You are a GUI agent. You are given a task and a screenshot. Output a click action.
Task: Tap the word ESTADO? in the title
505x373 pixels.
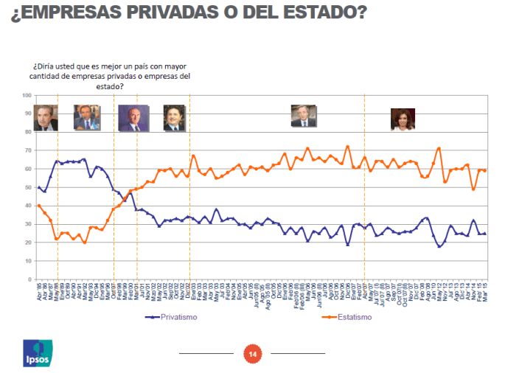(x=327, y=13)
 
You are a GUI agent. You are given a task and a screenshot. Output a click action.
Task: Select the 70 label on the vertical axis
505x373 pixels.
(x=27, y=150)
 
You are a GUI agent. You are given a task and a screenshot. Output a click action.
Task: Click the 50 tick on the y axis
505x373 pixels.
(x=27, y=187)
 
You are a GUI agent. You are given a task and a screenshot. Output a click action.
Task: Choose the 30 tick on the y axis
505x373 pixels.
(x=27, y=224)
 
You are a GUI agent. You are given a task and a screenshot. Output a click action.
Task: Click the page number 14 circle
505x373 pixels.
(x=252, y=355)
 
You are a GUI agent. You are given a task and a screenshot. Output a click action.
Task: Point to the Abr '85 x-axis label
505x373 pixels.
(x=38, y=290)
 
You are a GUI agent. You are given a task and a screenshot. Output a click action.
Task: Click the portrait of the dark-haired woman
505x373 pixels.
(x=403, y=119)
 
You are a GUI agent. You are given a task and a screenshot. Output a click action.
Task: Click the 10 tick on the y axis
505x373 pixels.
(x=27, y=260)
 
